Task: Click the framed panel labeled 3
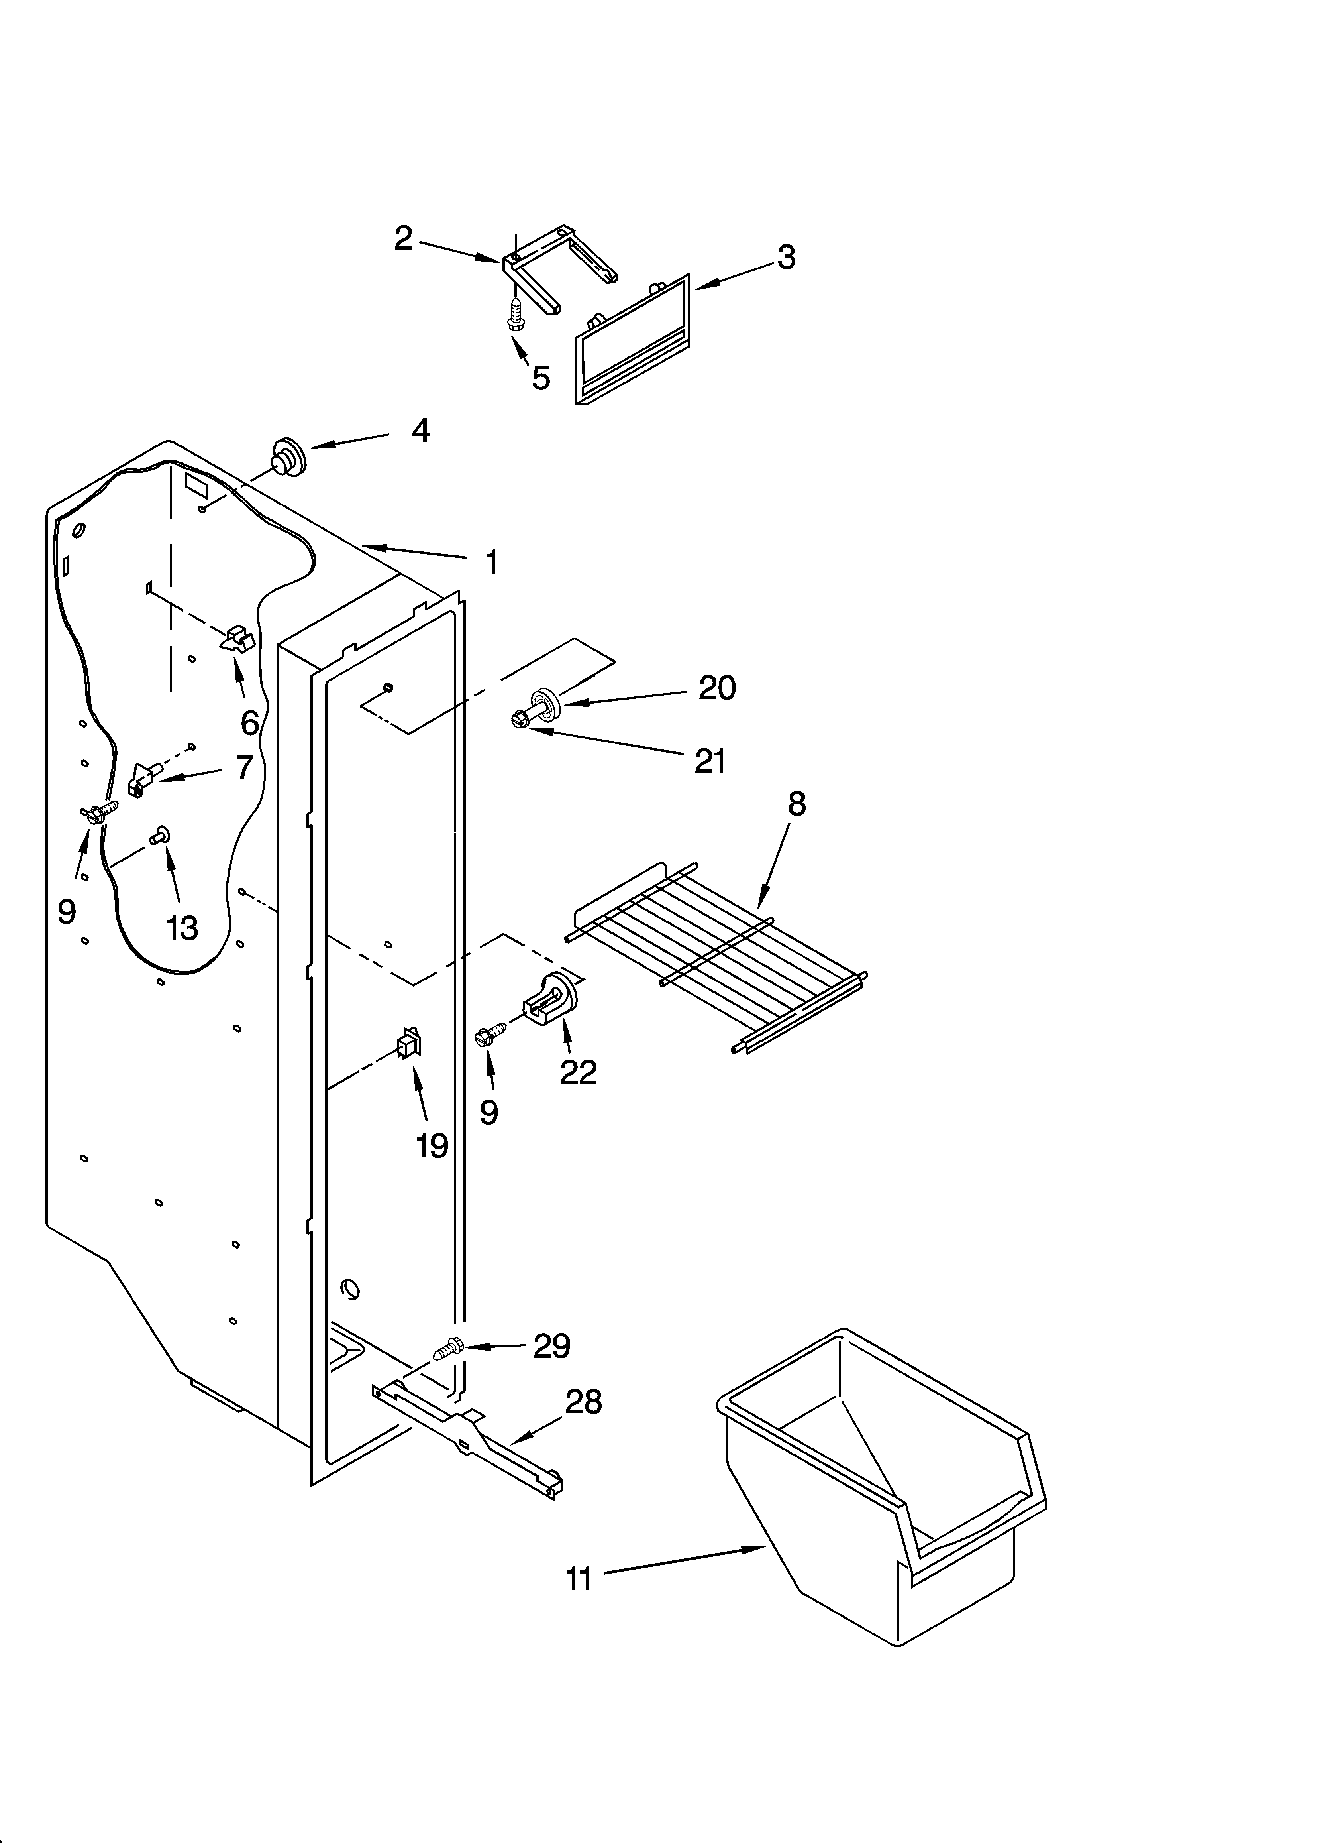click(632, 341)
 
